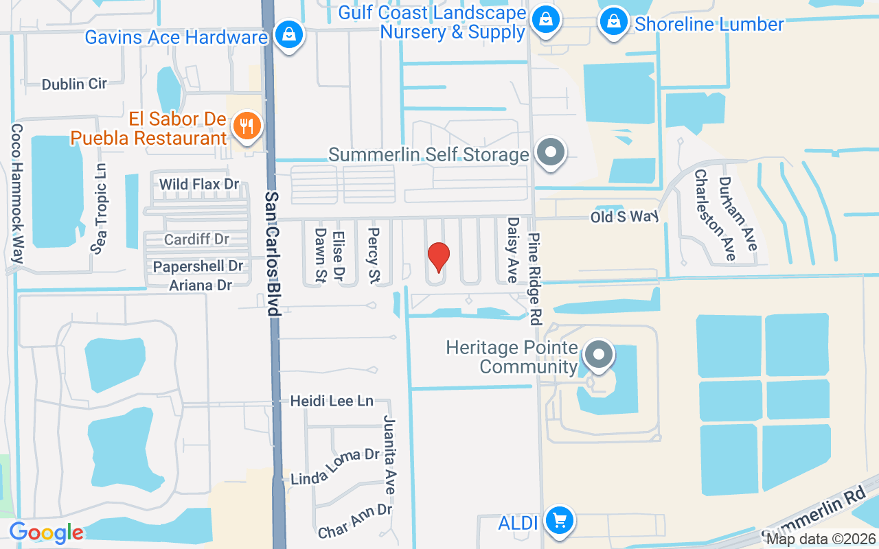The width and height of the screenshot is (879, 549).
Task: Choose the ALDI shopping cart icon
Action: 560,521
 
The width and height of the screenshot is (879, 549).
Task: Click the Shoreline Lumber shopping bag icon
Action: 613,22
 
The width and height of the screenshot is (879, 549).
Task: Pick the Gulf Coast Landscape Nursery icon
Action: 545,19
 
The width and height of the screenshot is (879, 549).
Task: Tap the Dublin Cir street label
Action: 74,84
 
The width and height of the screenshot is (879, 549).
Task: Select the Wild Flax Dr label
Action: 199,184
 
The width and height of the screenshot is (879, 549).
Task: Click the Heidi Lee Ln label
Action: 331,401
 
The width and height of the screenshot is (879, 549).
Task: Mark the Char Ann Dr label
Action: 354,520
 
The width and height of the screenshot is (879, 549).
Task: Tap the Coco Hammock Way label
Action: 17,194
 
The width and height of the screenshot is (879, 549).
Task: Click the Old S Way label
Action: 624,217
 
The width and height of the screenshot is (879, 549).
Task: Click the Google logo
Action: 46,533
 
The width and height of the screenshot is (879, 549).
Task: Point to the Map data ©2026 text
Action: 821,539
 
